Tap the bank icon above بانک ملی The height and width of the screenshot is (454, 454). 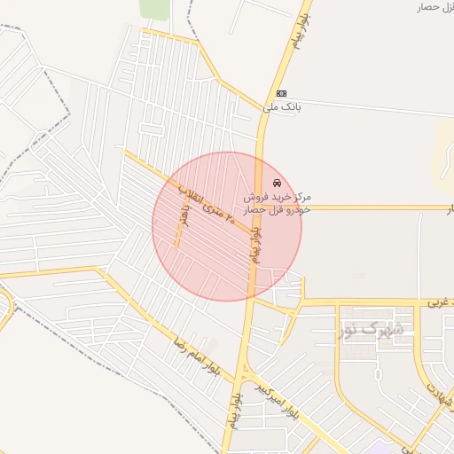point(281,93)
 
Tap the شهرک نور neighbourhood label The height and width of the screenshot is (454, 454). point(371,330)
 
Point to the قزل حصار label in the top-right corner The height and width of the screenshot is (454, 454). point(434,7)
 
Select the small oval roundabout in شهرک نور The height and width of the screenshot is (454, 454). point(379,373)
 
